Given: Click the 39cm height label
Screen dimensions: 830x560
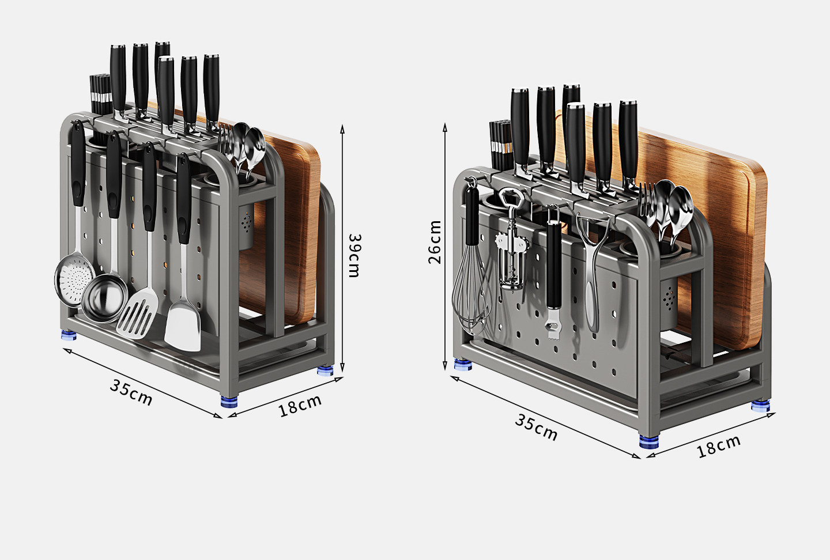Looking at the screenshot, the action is click(x=354, y=255).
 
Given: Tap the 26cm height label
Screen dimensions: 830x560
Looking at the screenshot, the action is click(x=435, y=242).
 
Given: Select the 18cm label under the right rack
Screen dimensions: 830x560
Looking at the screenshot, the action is click(x=718, y=447).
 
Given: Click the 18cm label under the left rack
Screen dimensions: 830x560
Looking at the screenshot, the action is click(x=300, y=406).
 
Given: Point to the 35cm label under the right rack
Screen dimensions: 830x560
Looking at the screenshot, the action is click(x=536, y=427).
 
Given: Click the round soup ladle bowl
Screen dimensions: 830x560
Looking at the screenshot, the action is click(x=104, y=298).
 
